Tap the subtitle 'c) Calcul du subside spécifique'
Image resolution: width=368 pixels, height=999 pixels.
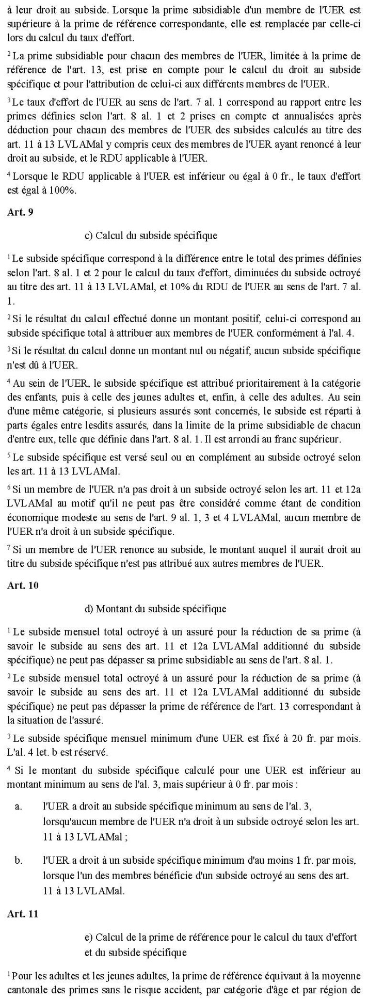151,235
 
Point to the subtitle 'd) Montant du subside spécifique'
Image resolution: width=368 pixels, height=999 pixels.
155,609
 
